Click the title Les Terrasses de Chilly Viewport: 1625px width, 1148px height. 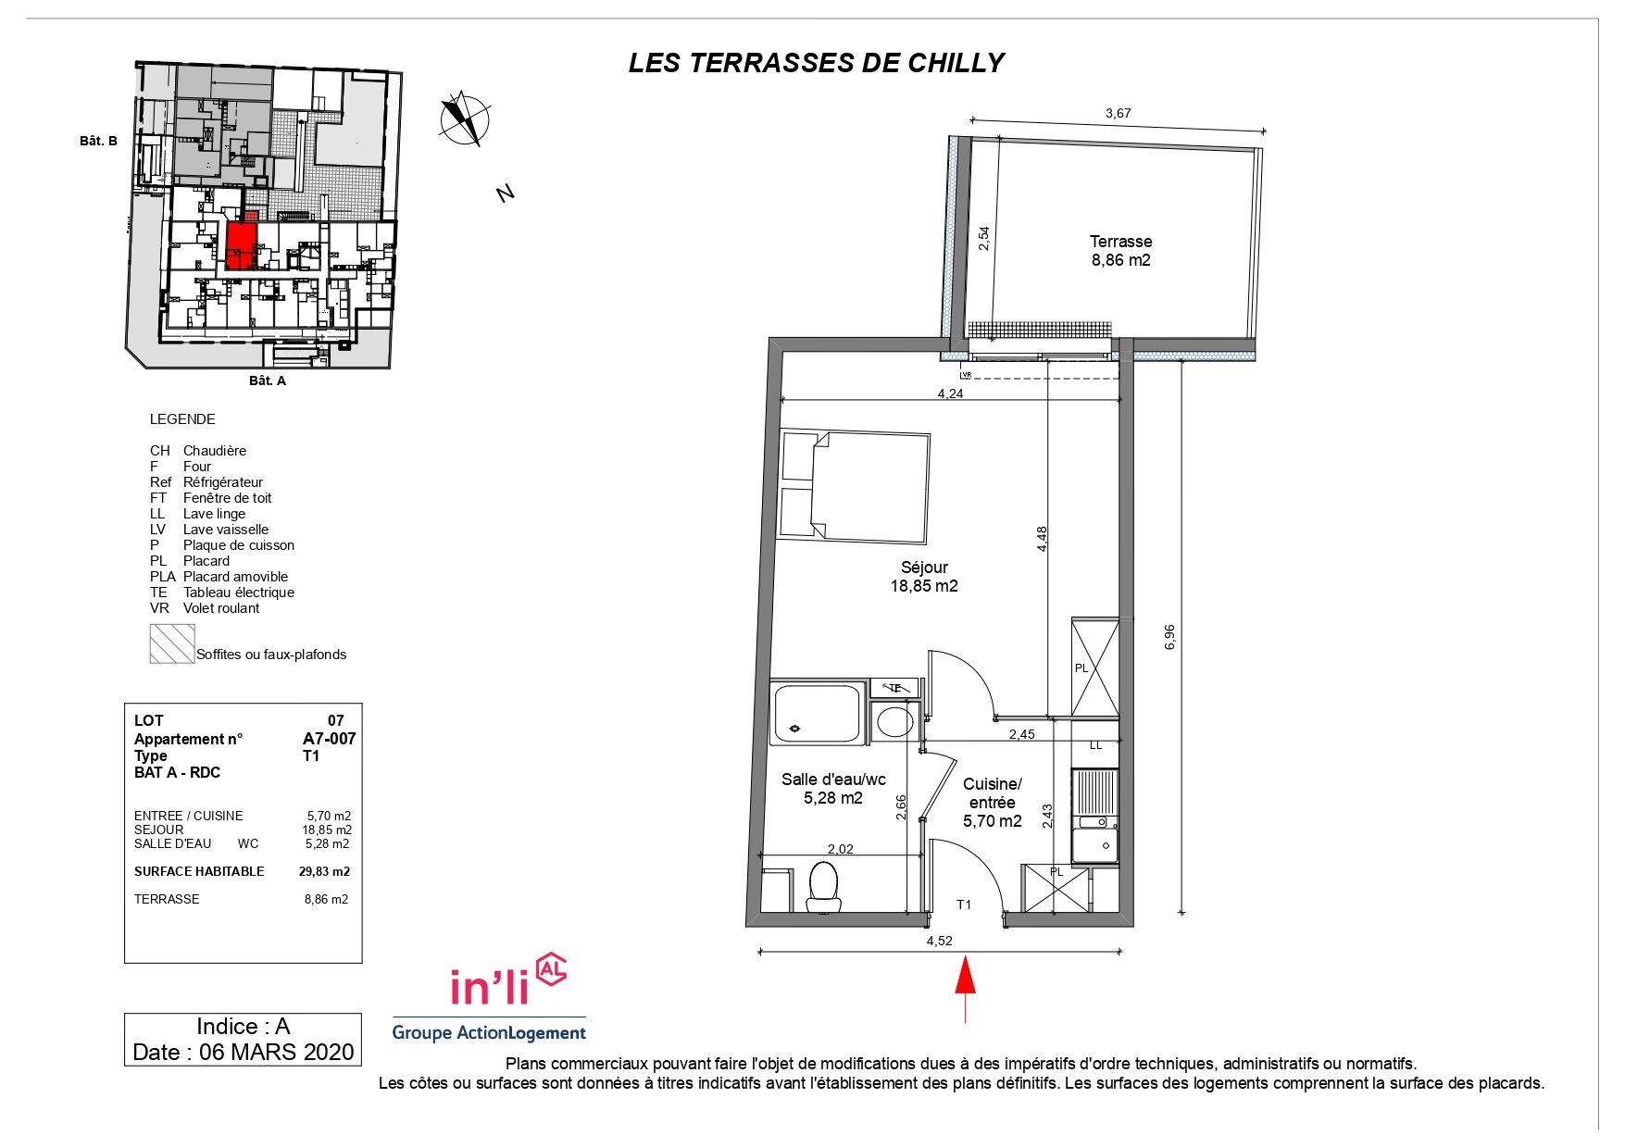816,63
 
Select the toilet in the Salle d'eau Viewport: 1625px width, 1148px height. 822,886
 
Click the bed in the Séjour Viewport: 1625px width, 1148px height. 854,487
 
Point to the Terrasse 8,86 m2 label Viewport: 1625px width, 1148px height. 1120,251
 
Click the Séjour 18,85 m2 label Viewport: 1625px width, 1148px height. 923,577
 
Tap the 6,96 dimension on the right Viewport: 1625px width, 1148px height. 1170,637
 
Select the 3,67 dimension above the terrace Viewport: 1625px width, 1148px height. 1119,114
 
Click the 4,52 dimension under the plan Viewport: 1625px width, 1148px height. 939,941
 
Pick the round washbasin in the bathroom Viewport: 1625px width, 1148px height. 894,721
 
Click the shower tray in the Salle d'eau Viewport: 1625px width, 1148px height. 819,713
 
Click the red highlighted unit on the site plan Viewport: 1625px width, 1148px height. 241,245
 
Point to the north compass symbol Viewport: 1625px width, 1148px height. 465,119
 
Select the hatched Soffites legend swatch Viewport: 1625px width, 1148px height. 172,643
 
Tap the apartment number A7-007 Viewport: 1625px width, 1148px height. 329,739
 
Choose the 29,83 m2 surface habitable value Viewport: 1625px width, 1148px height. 324,871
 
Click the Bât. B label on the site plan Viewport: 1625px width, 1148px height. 98,142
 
